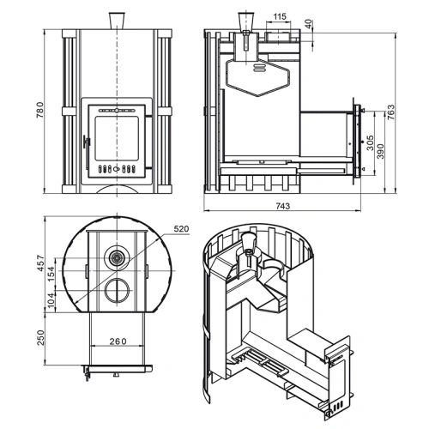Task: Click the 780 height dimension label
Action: point(39,110)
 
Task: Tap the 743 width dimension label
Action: point(283,206)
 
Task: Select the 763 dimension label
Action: point(390,112)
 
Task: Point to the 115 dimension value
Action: point(279,16)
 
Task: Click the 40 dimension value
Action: point(309,24)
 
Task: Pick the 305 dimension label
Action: point(370,142)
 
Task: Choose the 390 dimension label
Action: point(380,151)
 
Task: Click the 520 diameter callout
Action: point(181,229)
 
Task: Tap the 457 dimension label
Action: point(41,263)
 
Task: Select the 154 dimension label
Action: point(51,274)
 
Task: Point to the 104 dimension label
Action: point(51,299)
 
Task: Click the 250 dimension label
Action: point(41,338)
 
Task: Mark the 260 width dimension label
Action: point(118,341)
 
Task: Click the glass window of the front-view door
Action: point(117,138)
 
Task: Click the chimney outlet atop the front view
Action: point(117,21)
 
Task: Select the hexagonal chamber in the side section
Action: point(257,77)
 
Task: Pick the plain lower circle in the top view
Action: point(117,290)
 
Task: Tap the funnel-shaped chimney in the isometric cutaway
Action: point(248,242)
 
